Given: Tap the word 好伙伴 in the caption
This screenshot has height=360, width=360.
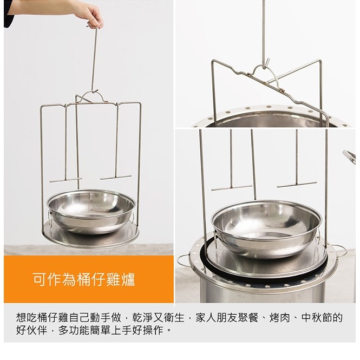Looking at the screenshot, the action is [x=31, y=330].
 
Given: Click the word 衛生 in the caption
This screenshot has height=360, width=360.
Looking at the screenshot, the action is [x=174, y=318].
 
